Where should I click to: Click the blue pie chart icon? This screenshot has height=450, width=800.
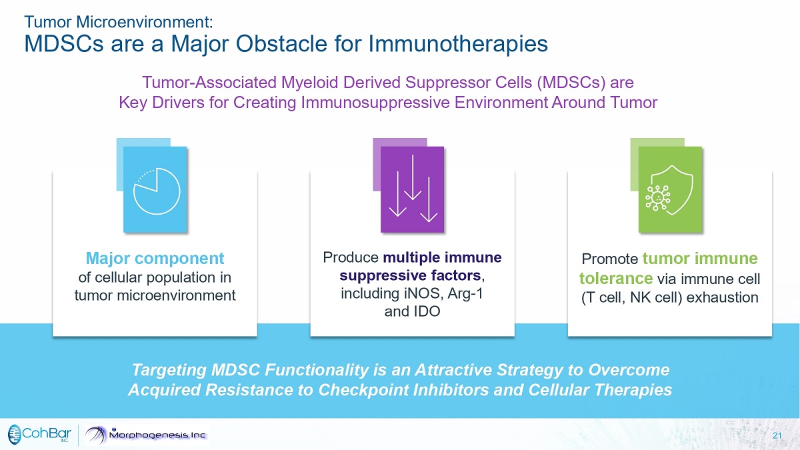155,189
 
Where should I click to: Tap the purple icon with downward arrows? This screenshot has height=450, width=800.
413,189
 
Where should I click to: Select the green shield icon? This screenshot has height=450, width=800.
669,189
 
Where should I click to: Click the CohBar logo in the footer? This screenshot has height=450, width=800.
39,435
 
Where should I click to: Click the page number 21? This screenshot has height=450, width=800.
777,435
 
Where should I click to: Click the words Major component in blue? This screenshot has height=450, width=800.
155,258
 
